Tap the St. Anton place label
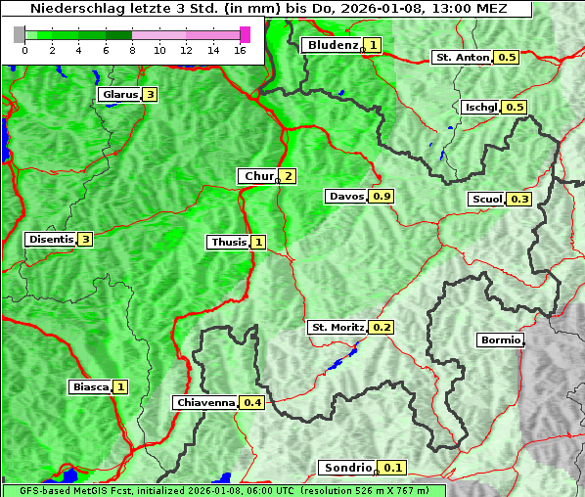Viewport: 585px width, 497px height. [x=462, y=57]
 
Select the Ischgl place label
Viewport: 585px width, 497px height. [x=480, y=107]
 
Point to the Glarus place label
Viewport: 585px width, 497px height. [x=117, y=95]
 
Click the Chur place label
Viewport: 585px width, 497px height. [x=258, y=176]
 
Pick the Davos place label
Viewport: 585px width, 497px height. [x=345, y=197]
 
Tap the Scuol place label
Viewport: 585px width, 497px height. [x=486, y=199]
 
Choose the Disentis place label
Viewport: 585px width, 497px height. [x=50, y=239]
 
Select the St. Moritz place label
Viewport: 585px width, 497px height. [x=337, y=327]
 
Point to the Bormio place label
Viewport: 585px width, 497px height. [x=500, y=340]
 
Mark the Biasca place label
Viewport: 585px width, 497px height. [x=89, y=386]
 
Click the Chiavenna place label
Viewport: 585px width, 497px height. [x=204, y=402]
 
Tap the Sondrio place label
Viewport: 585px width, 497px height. [x=346, y=468]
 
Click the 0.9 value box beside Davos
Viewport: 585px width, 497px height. [x=382, y=197]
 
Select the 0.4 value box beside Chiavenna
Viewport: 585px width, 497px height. [x=252, y=402]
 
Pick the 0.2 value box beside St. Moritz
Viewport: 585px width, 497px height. [x=382, y=327]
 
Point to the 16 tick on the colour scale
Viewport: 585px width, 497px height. [x=241, y=50]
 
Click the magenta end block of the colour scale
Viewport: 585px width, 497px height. [x=245, y=34]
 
